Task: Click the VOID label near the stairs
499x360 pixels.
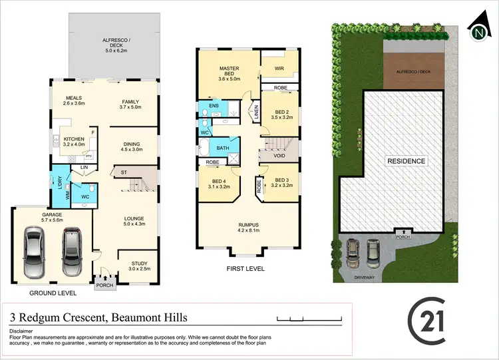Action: pyautogui.click(x=279, y=156)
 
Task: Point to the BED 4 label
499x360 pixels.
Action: pyautogui.click(x=219, y=183)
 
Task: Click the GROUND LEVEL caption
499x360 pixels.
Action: pyautogui.click(x=53, y=293)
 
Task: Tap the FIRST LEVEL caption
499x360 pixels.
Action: pyautogui.click(x=246, y=269)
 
